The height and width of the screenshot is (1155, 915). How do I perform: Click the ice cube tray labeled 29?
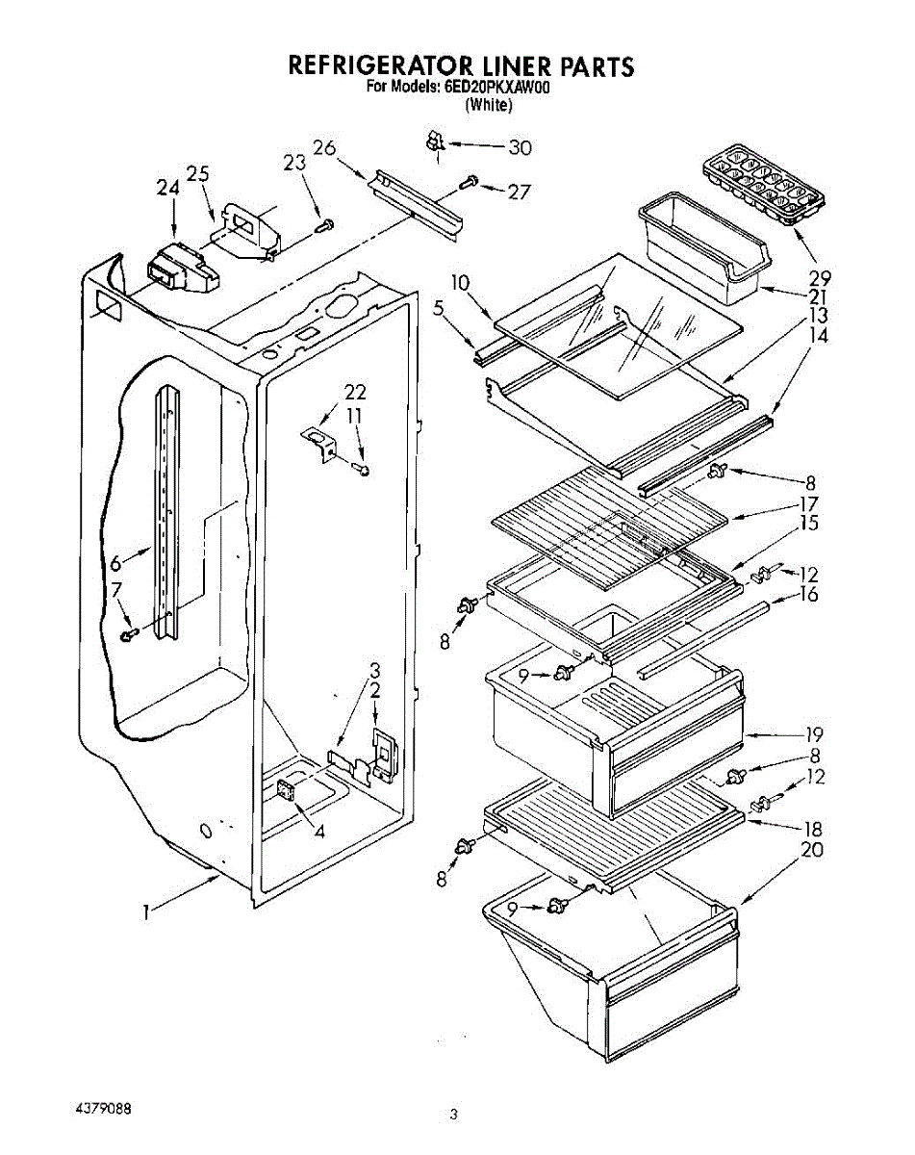[766, 182]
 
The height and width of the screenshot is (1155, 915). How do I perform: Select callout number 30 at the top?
[520, 147]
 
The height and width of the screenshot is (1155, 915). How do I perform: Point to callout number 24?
[167, 190]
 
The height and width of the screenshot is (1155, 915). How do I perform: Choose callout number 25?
[198, 173]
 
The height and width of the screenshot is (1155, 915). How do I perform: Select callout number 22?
[355, 392]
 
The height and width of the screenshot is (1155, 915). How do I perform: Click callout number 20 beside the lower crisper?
[811, 850]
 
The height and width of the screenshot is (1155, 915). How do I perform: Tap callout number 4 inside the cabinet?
[319, 831]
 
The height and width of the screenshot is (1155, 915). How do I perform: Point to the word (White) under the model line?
[488, 106]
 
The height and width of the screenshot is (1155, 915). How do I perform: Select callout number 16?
[808, 595]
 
